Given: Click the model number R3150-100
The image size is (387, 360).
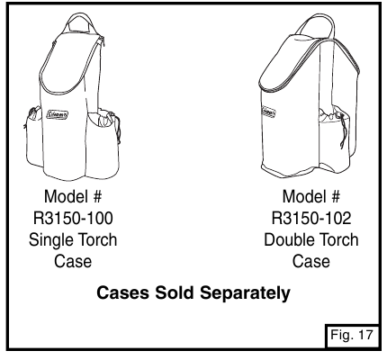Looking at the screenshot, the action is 73,218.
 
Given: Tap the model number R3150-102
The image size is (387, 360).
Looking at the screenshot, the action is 311,218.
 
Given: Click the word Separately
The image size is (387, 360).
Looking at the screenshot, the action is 245,293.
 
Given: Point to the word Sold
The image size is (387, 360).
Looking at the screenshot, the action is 175,292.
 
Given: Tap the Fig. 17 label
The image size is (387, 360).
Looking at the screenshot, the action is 352,335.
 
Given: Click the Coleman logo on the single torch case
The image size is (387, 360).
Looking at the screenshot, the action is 58,115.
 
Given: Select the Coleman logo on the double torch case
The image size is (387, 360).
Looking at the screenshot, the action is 268,112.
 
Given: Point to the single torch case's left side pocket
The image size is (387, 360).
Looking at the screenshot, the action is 33,137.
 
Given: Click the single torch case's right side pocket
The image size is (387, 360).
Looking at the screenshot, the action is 103,142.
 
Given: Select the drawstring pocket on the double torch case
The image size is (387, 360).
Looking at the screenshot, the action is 334,135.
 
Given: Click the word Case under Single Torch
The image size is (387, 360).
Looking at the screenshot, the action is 73,261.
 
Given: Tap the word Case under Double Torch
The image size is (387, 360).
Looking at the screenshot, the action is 311,261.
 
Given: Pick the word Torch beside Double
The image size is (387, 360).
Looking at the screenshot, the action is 335,239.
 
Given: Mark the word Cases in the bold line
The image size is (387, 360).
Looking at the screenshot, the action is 122,292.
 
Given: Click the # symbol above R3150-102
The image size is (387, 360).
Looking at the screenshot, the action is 336,196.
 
